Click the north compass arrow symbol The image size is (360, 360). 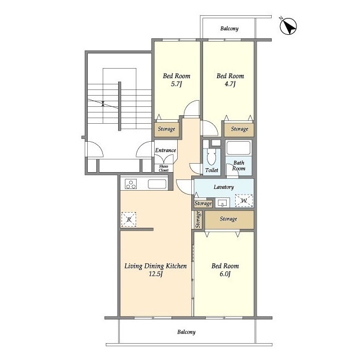click(289, 26)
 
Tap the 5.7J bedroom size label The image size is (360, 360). click(176, 84)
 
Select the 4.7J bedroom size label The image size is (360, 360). click(230, 84)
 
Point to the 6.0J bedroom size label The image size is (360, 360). click(225, 274)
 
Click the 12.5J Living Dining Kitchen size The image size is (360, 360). click(156, 274)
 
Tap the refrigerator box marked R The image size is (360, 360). click(129, 219)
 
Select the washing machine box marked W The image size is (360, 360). click(244, 201)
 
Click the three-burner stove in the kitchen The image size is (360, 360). click(131, 184)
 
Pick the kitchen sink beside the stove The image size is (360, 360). click(157, 184)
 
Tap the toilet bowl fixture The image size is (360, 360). click(211, 157)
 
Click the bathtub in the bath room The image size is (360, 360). click(238, 148)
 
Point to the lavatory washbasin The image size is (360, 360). click(222, 203)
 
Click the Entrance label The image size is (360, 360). click(165, 150)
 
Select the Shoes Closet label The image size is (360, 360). click(164, 168)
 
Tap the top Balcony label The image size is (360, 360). click(229, 29)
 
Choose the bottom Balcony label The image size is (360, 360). click(186, 332)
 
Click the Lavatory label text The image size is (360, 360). click(224, 187)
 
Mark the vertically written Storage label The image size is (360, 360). click(197, 219)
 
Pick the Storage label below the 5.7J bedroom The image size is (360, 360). click(166, 129)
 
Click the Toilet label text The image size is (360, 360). click(211, 170)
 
